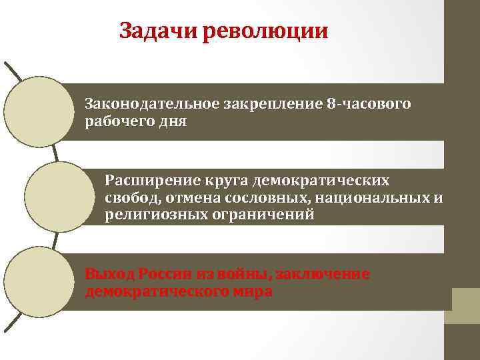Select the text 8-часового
click(x=369, y=105)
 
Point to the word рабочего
click(x=115, y=122)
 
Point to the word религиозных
click(x=145, y=215)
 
